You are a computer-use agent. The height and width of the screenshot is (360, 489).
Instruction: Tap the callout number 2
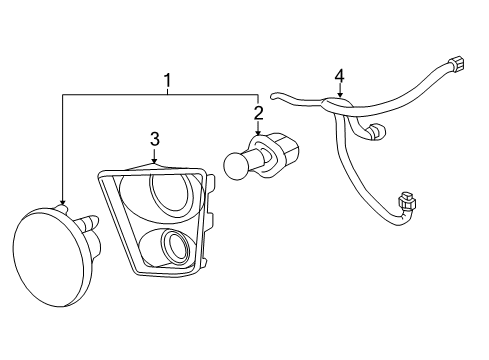point(258,113)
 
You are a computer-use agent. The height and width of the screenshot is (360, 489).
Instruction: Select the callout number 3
point(155,138)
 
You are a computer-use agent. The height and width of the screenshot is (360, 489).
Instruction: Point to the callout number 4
point(339,75)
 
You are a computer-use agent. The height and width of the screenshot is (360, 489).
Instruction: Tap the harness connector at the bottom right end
point(406,205)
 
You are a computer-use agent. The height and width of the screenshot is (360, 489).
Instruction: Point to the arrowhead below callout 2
point(258,134)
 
